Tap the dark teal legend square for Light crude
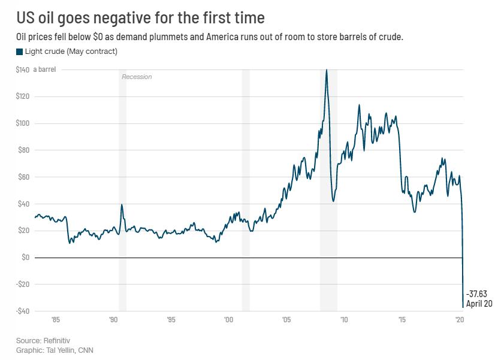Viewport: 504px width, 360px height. [19, 52]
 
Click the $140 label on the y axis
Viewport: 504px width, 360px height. [22, 70]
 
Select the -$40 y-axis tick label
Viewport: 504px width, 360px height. [22, 311]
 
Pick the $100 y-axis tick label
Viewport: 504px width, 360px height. [22, 123]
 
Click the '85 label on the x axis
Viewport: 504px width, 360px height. [55, 320]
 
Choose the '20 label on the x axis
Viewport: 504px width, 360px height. [460, 320]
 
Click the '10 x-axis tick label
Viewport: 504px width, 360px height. [344, 320]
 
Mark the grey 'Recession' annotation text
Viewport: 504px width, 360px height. [137, 77]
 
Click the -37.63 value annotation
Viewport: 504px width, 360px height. [476, 293]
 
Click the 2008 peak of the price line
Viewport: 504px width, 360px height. [326, 70]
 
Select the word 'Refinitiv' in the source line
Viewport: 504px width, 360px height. [58, 340]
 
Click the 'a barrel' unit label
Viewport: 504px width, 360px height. [44, 70]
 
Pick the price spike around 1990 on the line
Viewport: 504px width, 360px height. [122, 205]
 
